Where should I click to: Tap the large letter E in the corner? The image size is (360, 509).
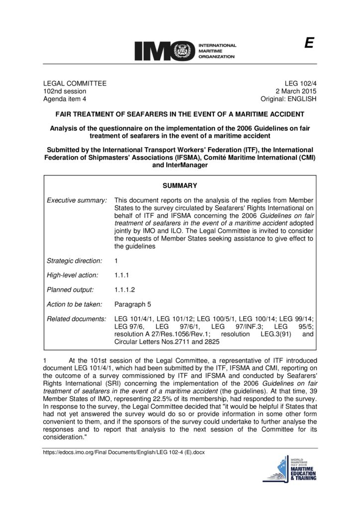tap(309, 43)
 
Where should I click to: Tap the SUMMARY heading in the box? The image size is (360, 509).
tap(180, 186)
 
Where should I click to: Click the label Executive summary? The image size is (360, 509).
tap(77, 200)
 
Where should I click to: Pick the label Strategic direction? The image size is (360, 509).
tap(74, 260)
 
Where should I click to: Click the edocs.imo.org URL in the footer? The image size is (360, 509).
tap(124, 452)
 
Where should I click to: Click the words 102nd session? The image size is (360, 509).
tap(65, 91)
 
